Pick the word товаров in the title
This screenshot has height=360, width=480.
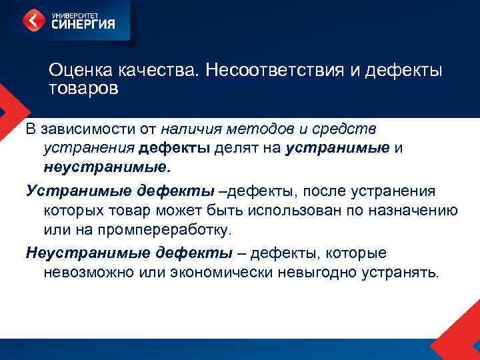pyautogui.click(x=83, y=88)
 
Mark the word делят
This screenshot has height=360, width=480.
pyautogui.click(x=233, y=146)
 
